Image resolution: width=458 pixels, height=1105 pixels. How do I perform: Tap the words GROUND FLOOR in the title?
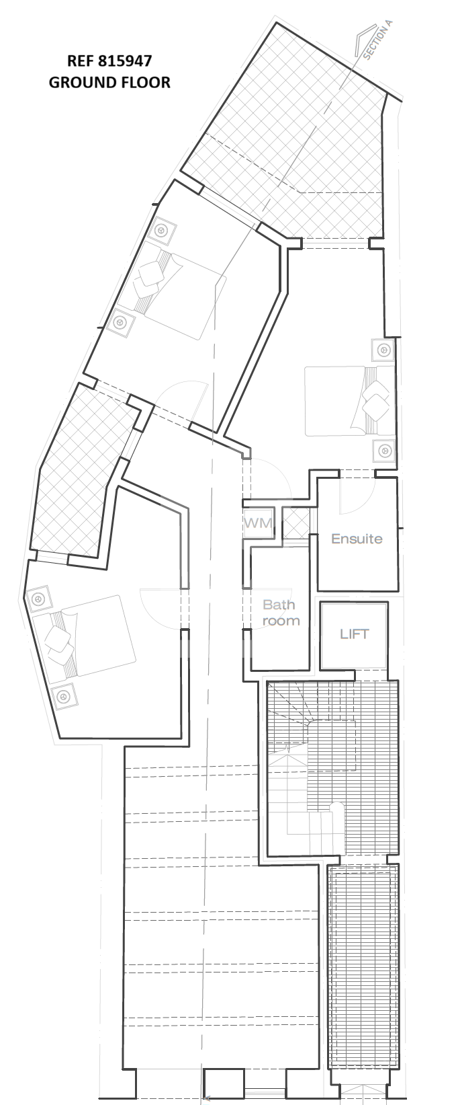pos(109,82)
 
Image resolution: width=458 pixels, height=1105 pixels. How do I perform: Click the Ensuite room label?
pos(357,538)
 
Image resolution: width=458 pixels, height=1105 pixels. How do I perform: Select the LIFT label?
pos(354,634)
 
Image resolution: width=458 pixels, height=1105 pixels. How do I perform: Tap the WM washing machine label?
pos(258,523)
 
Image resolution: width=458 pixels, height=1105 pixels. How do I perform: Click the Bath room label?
pos(280,612)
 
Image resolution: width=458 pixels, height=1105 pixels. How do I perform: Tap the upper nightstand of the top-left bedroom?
pos(162,230)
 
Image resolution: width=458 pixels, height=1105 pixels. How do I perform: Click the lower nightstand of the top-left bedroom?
pos(119,323)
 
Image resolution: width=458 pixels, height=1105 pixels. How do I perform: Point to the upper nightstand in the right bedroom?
pos(383,350)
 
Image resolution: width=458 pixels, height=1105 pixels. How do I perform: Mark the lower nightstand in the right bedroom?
pos(384,451)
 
